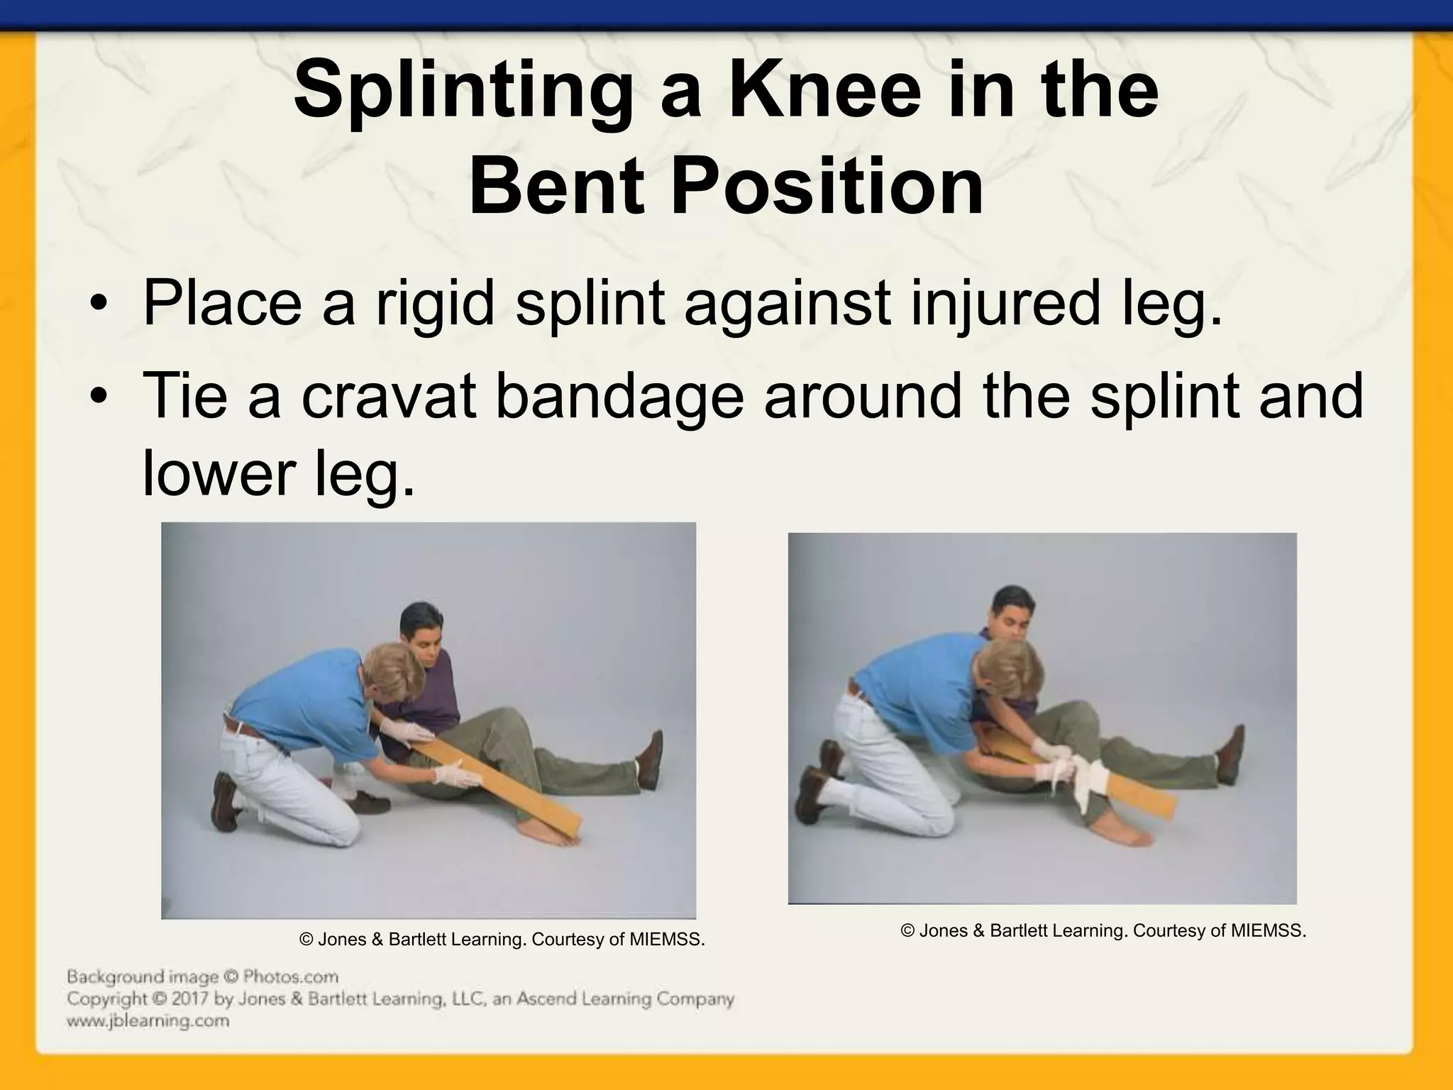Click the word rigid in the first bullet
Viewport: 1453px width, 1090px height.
click(434, 303)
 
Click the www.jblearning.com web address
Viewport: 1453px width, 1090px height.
click(148, 1021)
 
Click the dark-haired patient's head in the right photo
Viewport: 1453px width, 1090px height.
click(1012, 614)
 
